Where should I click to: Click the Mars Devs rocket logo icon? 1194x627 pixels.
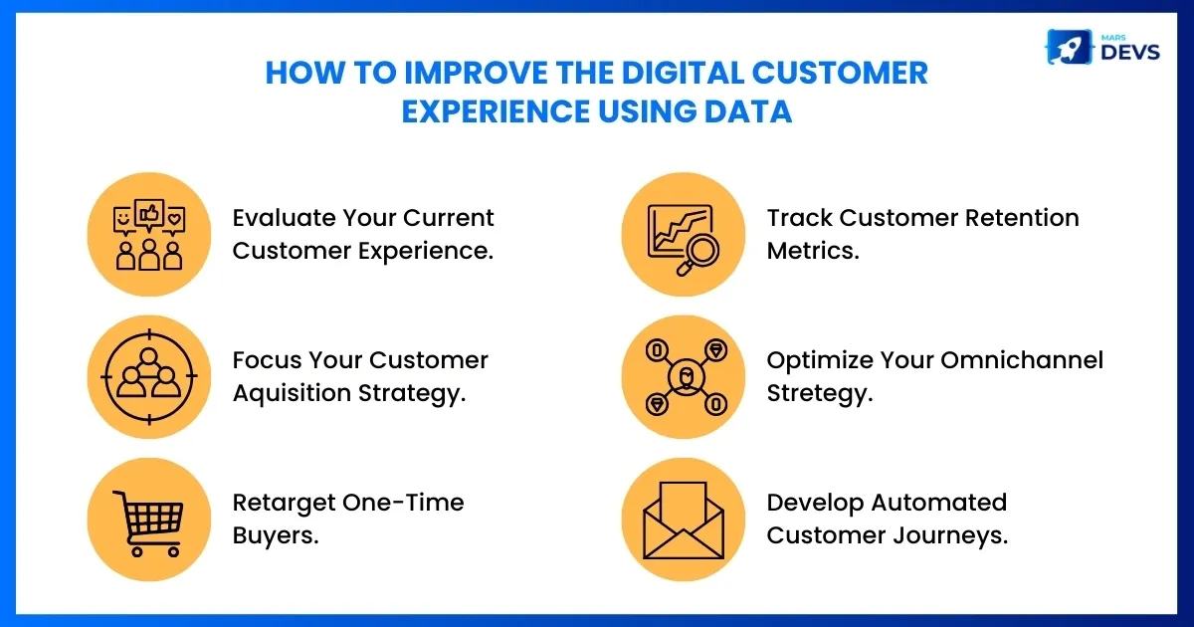[1069, 47]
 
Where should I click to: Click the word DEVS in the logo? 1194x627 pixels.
[1130, 52]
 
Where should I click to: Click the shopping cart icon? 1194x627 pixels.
[148, 523]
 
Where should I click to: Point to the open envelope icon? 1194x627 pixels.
[684, 521]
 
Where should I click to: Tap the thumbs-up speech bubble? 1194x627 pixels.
[149, 215]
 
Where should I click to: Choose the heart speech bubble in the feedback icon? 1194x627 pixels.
[174, 221]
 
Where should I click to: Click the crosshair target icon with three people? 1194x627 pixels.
[149, 377]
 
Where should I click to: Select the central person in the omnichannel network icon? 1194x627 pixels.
[686, 377]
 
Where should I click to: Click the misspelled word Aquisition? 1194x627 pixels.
[292, 393]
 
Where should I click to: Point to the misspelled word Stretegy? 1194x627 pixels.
[819, 393]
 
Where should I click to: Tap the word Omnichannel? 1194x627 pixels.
[1021, 360]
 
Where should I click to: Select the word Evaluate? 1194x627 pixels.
[283, 218]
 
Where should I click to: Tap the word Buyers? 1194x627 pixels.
[275, 536]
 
